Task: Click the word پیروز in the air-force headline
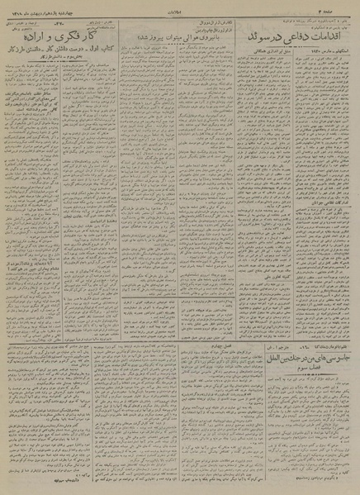[163, 38]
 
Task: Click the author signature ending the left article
[28, 483]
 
